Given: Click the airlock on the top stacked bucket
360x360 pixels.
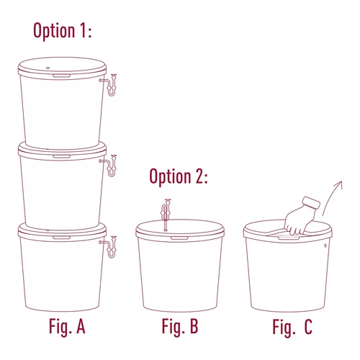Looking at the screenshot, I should (111, 84).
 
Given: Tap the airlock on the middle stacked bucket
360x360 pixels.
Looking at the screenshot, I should (111, 163).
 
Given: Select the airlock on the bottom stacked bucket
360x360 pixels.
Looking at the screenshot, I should (111, 246).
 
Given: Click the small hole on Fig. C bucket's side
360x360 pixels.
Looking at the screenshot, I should (326, 246).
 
